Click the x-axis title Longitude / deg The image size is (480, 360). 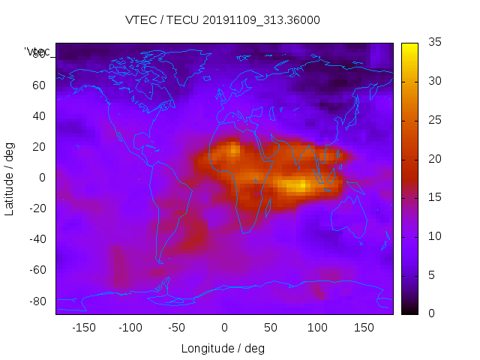point(223,349)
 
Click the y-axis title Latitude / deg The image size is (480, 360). point(10,178)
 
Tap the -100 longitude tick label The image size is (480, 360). point(130,328)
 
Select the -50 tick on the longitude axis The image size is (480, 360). point(177,328)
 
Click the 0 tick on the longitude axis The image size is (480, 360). point(224,328)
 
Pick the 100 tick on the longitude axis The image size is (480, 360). point(317,328)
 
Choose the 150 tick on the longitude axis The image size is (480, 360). point(364,328)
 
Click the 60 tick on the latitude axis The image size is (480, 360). point(39,85)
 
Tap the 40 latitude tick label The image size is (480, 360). point(39,115)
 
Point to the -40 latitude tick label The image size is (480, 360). point(37,239)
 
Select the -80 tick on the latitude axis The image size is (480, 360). point(37,301)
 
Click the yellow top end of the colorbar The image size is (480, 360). point(409,46)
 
